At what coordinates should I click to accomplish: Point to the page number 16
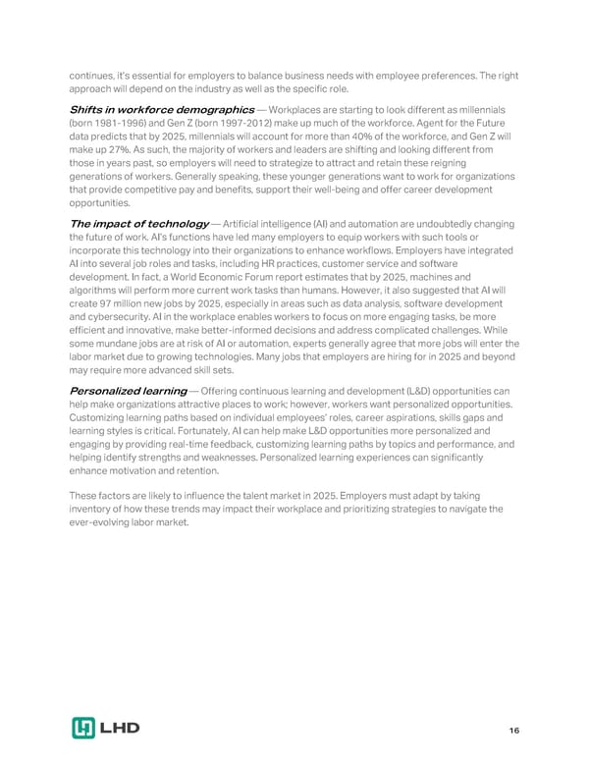click(x=513, y=731)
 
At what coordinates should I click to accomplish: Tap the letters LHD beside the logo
click(x=121, y=728)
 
